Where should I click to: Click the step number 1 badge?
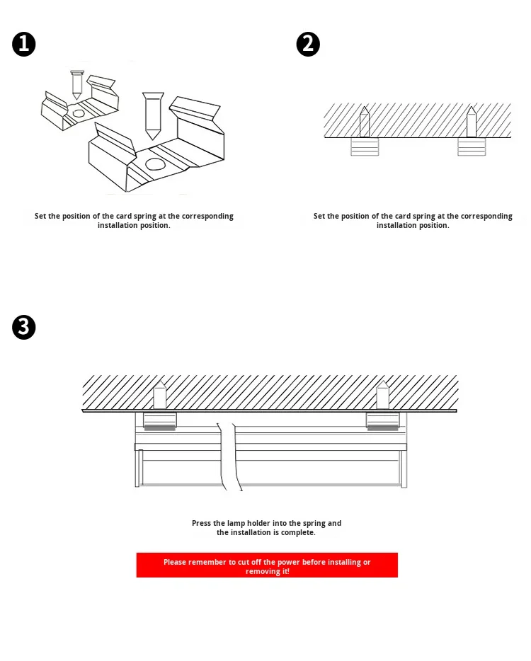point(24,45)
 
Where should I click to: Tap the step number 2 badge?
point(308,45)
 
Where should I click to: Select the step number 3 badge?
point(24,327)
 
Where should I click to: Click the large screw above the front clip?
point(152,115)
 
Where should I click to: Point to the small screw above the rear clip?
point(77,84)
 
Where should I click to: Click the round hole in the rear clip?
point(79,113)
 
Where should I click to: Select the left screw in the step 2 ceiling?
point(365,122)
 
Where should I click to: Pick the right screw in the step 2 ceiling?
point(472,122)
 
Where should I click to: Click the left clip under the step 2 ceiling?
point(365,146)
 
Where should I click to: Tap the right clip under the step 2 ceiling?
point(472,146)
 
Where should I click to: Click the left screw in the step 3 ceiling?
point(160,395)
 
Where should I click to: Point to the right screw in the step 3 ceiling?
point(382,395)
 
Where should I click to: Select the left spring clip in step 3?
point(160,421)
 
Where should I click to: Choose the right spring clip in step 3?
point(382,421)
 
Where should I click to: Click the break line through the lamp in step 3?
point(230,456)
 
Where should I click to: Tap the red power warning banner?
point(267,565)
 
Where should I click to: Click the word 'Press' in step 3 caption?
point(202,524)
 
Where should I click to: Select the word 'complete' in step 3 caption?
point(298,533)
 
